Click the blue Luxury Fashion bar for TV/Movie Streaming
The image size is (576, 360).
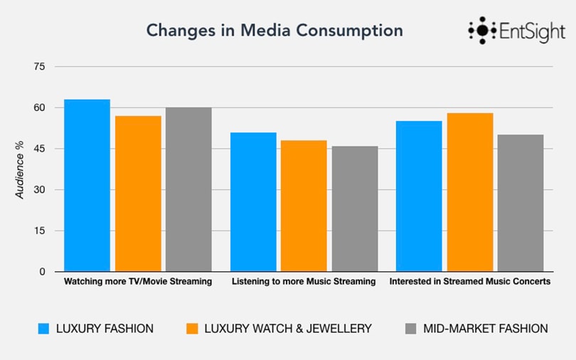[x=87, y=186]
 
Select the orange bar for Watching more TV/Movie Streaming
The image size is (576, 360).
[x=138, y=194]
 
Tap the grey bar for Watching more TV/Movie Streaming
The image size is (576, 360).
[x=188, y=189]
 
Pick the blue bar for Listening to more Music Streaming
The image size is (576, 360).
[x=253, y=202]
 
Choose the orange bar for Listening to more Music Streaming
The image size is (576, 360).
[x=304, y=206]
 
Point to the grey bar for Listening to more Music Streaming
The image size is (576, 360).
[x=355, y=209]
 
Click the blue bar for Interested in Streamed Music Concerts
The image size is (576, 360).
[x=419, y=196]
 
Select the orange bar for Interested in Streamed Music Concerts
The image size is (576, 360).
[x=470, y=192]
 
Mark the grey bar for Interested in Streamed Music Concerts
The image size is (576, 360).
[x=521, y=203]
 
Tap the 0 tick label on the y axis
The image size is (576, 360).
[x=42, y=272]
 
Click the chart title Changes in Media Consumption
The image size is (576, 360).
[x=274, y=31]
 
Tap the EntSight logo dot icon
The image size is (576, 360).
[x=482, y=31]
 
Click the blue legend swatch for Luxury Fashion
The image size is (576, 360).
[x=43, y=329]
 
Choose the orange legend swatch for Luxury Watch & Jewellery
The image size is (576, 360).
[x=191, y=329]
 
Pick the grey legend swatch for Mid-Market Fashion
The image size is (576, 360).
[x=411, y=329]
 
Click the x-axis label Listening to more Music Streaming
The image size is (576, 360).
[x=304, y=282]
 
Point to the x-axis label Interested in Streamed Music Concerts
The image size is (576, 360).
[x=470, y=282]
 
